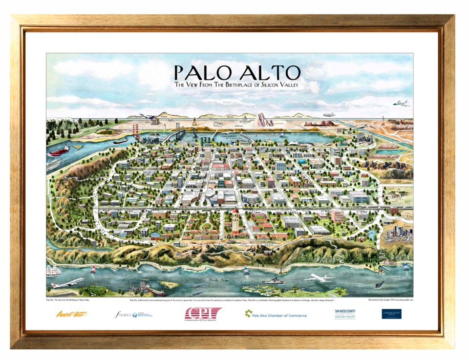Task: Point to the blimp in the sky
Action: [329, 114]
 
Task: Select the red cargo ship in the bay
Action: [58, 151]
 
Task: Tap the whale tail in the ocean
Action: [379, 284]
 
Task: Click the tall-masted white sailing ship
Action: [53, 270]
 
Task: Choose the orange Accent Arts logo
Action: [71, 314]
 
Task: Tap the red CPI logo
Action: [202, 314]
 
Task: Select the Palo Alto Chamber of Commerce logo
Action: [276, 315]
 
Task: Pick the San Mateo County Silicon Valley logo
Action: [345, 314]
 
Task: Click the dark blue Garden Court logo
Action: [391, 314]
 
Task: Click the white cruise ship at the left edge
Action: [53, 165]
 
